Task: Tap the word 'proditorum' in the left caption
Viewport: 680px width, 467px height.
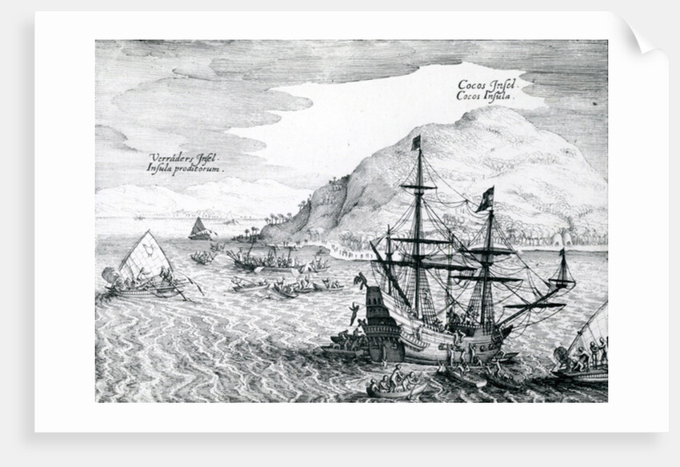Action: point(199,170)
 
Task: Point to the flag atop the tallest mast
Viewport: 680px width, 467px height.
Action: point(416,142)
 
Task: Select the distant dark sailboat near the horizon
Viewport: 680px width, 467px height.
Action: point(200,229)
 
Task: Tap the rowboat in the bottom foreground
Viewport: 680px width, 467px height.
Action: point(396,386)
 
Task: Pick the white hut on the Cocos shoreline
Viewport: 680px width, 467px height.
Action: point(566,238)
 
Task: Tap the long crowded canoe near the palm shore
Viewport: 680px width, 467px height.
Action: point(268,261)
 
